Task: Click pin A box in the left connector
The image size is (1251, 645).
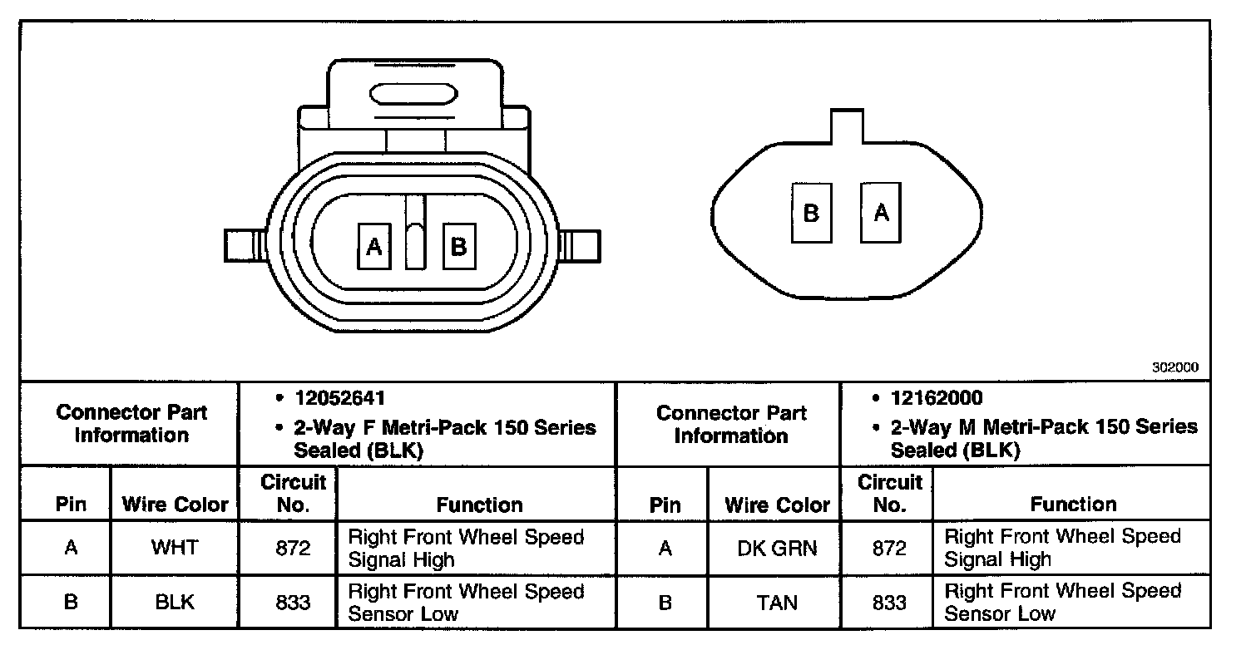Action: click(x=373, y=246)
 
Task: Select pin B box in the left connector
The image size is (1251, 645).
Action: click(x=458, y=246)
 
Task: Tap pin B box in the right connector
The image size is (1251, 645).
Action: click(x=811, y=213)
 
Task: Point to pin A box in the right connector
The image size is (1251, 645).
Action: click(x=881, y=213)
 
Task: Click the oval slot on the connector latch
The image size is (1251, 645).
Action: click(x=413, y=94)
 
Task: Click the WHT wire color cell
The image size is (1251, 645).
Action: click(x=175, y=549)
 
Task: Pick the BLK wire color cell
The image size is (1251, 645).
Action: click(x=175, y=602)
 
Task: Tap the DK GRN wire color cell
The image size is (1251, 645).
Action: click(x=777, y=549)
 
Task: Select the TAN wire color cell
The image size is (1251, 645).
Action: click(x=777, y=602)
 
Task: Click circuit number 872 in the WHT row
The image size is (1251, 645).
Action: click(x=293, y=549)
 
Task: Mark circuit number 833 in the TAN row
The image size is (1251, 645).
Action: click(x=888, y=602)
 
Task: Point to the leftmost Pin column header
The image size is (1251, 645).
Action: click(x=71, y=505)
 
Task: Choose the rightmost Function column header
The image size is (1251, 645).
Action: click(x=1073, y=504)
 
